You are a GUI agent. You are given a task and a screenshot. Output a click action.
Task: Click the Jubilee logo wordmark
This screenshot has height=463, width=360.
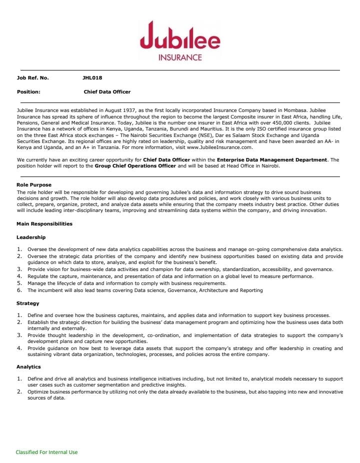[179, 36]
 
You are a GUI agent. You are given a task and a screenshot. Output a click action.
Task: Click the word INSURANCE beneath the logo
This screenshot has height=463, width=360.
[180, 57]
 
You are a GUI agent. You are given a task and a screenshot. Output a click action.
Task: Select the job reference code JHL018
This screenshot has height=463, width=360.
[92, 78]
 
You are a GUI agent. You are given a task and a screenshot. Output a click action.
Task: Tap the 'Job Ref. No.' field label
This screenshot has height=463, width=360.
[33, 78]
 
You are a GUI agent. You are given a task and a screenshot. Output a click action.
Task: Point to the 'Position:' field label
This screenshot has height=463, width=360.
[28, 92]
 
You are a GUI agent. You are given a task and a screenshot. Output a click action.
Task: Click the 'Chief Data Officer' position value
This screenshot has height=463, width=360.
[107, 92]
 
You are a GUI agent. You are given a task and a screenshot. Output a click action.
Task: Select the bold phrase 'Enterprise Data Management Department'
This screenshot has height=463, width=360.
[272, 159]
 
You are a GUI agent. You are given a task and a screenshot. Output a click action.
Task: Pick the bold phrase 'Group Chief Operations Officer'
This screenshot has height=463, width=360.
[135, 165]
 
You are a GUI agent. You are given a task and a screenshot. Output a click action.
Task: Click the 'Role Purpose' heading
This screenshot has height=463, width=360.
[34, 185]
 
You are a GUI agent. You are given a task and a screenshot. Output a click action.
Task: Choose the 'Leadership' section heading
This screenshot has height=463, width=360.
[31, 237]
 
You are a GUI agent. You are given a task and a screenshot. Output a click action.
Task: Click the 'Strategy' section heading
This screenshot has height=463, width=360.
[28, 303]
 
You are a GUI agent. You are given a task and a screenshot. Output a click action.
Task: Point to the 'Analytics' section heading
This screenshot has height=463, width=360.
[29, 367]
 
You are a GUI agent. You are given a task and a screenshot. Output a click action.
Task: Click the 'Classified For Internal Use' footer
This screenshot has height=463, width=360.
[46, 452]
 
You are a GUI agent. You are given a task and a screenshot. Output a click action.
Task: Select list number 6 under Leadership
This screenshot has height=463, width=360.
[19, 290]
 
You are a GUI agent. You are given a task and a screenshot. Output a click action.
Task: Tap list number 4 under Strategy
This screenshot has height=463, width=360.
[19, 348]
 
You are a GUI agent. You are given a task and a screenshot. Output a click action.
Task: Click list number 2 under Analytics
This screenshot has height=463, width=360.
[19, 392]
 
